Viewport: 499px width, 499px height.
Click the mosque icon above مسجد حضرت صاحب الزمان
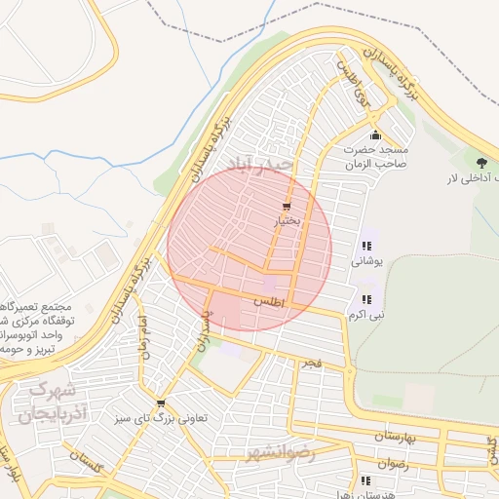[376, 134]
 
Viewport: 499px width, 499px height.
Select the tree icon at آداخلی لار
[480, 161]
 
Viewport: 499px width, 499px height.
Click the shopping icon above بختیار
[286, 207]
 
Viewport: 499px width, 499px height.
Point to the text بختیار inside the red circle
[286, 222]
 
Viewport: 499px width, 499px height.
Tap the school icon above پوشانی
[366, 247]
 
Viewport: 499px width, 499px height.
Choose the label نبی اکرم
[366, 315]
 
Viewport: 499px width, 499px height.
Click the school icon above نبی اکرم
[366, 299]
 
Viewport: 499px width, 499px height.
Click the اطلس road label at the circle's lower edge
[269, 303]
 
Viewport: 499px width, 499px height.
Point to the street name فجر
[311, 363]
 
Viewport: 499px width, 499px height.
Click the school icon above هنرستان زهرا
[365, 480]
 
